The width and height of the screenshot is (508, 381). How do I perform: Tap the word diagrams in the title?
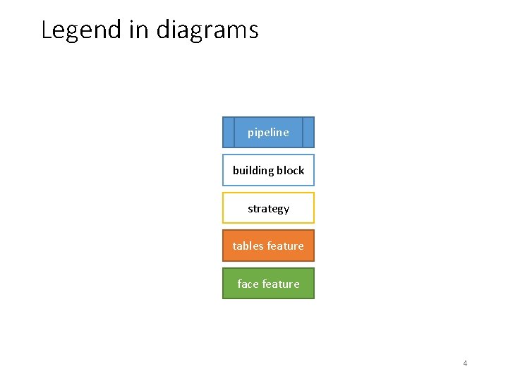[207, 30]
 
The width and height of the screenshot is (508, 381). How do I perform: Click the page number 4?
[465, 363]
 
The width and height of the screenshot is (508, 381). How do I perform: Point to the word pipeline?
[268, 133]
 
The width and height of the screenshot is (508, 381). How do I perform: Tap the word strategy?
[268, 209]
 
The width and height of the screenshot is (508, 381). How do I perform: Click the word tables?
[248, 246]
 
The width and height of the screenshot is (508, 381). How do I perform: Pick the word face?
[248, 284]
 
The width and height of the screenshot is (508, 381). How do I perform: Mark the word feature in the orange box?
[285, 246]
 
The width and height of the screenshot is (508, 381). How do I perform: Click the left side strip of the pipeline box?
[228, 132]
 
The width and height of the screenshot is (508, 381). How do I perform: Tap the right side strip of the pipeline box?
[308, 132]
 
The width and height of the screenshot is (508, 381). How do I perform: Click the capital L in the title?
[47, 30]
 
